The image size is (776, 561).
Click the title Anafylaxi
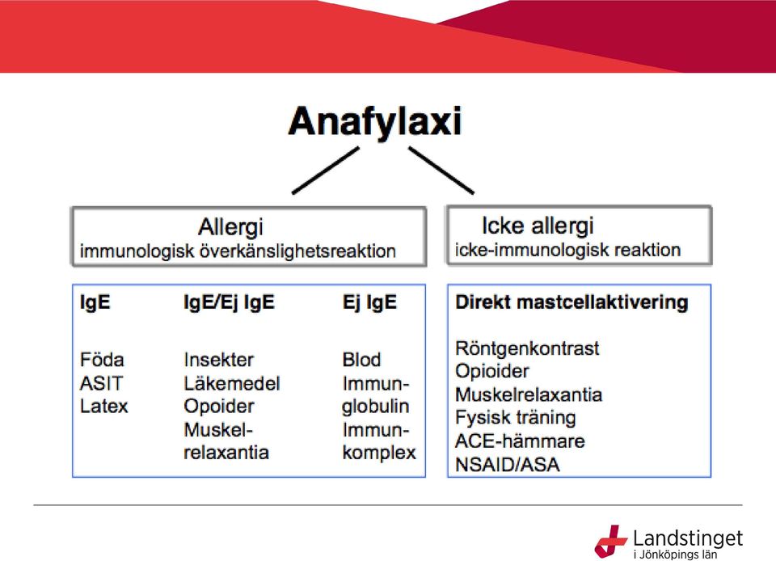point(375,122)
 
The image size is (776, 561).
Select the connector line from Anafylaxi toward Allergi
point(326,171)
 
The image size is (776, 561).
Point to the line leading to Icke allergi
point(441,171)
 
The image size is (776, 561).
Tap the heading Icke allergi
point(538,226)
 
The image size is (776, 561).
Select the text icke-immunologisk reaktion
point(567,250)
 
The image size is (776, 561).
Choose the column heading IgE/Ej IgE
point(229,302)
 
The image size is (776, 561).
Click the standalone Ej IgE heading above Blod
point(369,302)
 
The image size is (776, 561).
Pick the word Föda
point(102,360)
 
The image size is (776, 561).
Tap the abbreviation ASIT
point(101,383)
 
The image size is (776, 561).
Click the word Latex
point(104,406)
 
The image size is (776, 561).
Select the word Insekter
point(219,360)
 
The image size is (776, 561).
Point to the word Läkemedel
point(232,383)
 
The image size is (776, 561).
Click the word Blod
point(362,360)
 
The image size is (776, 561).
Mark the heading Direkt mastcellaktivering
point(571,302)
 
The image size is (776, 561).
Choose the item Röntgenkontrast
point(527,348)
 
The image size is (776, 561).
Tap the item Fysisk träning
point(515,418)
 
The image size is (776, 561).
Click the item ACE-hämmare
point(520,441)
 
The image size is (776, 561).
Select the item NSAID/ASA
point(508,465)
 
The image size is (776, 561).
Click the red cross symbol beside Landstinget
point(610,542)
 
